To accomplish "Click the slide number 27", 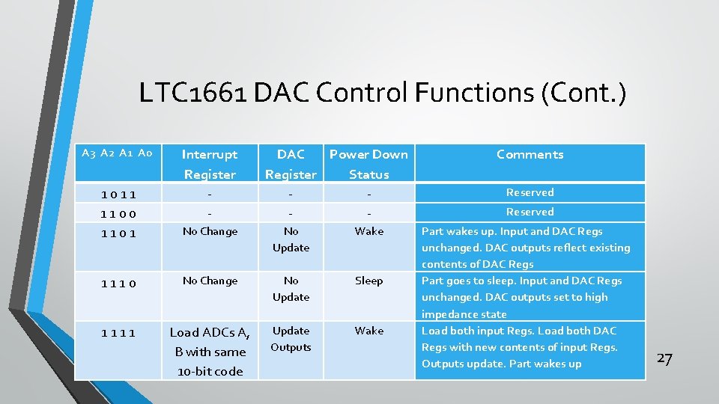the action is pyautogui.click(x=664, y=358).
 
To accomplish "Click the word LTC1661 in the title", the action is pyautogui.click(x=194, y=94).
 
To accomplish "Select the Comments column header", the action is pyautogui.click(x=530, y=155).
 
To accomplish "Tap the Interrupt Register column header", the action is pyautogui.click(x=210, y=164).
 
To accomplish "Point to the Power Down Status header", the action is pyautogui.click(x=369, y=164).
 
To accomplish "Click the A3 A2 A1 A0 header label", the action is pyautogui.click(x=117, y=153).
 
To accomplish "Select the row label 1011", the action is pyautogui.click(x=119, y=195).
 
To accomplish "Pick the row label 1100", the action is pyautogui.click(x=119, y=214).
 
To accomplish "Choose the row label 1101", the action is pyautogui.click(x=119, y=233).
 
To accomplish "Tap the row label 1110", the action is pyautogui.click(x=119, y=283).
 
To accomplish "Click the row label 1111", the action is pyautogui.click(x=119, y=332).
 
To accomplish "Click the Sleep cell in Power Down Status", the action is pyautogui.click(x=369, y=281).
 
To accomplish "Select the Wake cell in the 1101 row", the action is pyautogui.click(x=369, y=232).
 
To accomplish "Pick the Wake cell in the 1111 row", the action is pyautogui.click(x=369, y=331).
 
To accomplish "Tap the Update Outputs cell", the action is pyautogui.click(x=291, y=339).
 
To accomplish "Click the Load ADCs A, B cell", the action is pyautogui.click(x=210, y=351).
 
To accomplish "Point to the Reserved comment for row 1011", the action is pyautogui.click(x=530, y=193).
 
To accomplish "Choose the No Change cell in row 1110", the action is pyautogui.click(x=210, y=281).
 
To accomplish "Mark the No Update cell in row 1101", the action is pyautogui.click(x=291, y=239).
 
